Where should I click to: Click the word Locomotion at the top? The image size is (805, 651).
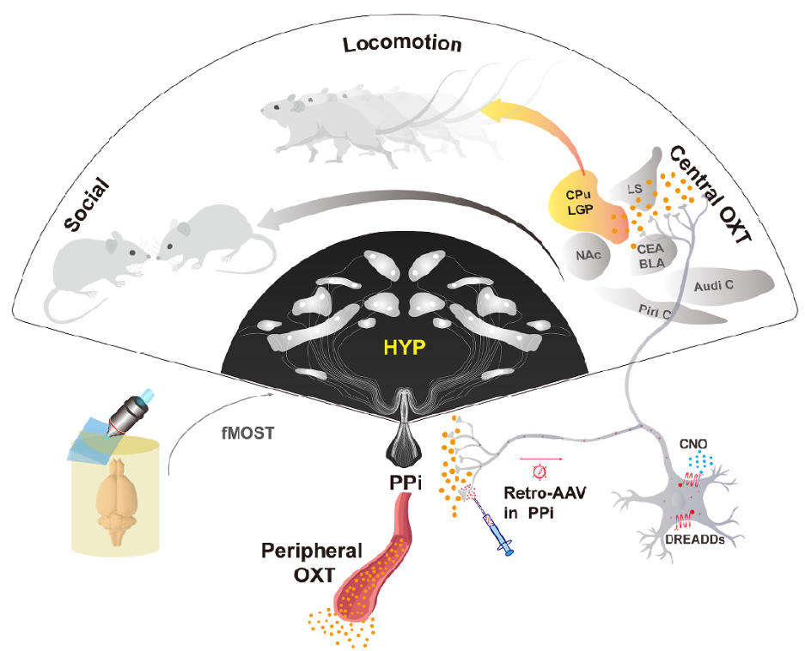(402, 44)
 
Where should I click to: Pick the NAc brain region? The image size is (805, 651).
(588, 255)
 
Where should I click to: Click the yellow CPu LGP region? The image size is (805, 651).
(576, 204)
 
